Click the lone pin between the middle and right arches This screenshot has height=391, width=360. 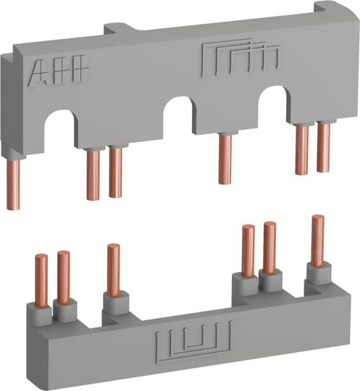point(225,159)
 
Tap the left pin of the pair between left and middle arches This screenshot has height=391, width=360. point(92,174)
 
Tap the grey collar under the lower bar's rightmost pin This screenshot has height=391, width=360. point(316,272)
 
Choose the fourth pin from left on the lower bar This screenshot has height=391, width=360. point(248,251)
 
